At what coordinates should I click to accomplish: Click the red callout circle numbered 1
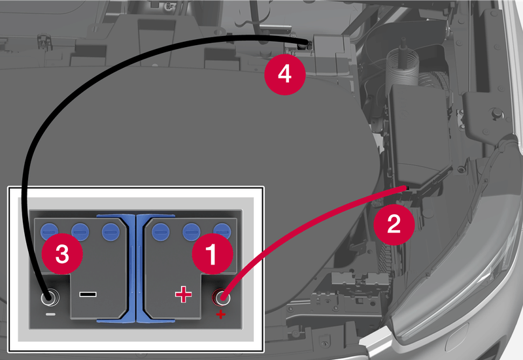(x=212, y=254)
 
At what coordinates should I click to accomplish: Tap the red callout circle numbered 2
(x=394, y=224)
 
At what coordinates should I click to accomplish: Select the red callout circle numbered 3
(x=62, y=254)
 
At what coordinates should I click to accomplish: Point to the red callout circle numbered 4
(x=285, y=74)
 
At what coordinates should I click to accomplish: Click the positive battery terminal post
(x=222, y=297)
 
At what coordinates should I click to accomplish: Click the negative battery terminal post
(x=50, y=297)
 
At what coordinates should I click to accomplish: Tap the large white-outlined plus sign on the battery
(x=184, y=294)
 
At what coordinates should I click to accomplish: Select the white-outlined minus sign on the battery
(x=88, y=294)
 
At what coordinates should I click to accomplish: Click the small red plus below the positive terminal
(x=220, y=314)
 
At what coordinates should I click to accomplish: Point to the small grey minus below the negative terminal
(x=51, y=314)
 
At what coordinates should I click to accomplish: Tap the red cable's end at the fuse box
(x=405, y=188)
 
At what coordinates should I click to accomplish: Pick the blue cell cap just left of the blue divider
(x=110, y=232)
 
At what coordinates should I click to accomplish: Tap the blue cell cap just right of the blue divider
(x=160, y=232)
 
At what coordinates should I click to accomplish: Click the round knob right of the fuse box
(x=497, y=113)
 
